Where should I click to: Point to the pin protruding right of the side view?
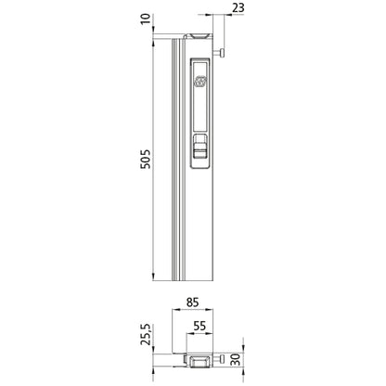[221, 53]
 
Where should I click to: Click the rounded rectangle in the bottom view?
[198, 360]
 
